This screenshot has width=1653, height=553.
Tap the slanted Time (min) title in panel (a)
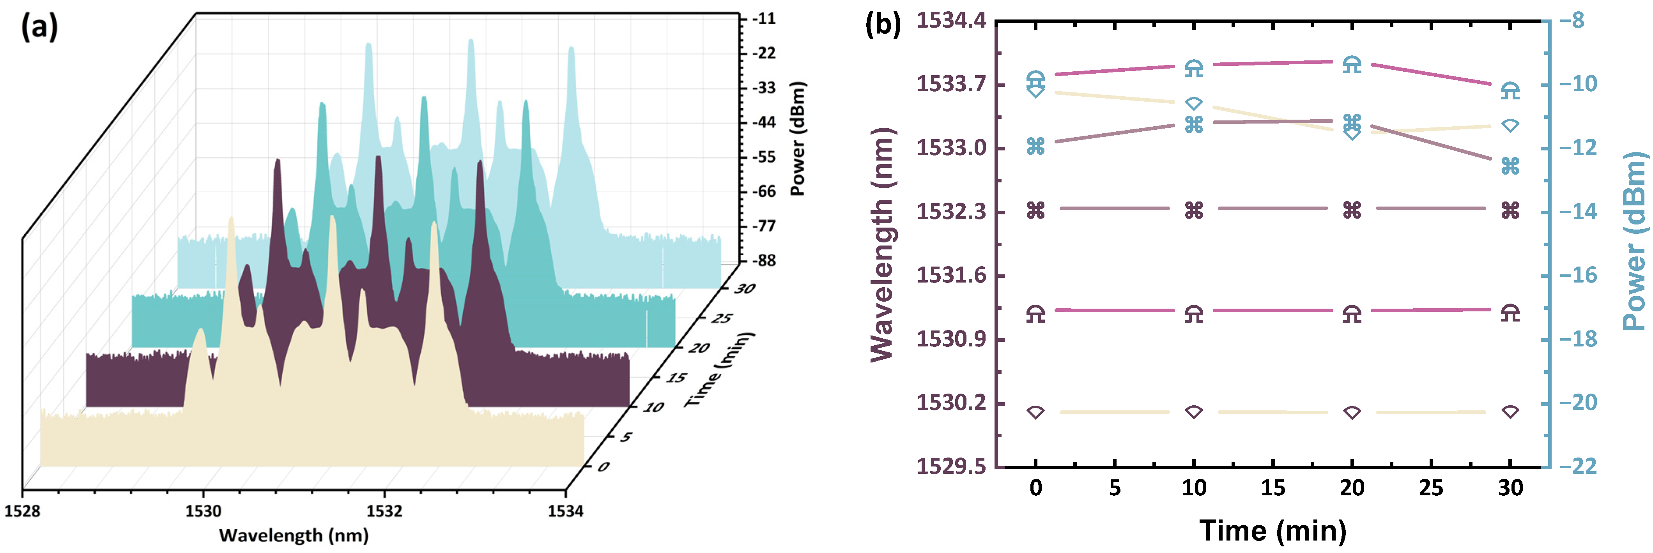719,370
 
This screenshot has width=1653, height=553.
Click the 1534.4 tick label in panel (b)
951,21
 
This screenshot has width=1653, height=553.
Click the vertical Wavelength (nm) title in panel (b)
882,244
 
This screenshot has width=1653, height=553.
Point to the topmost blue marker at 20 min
1352,64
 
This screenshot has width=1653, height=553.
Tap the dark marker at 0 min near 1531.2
1036,313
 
